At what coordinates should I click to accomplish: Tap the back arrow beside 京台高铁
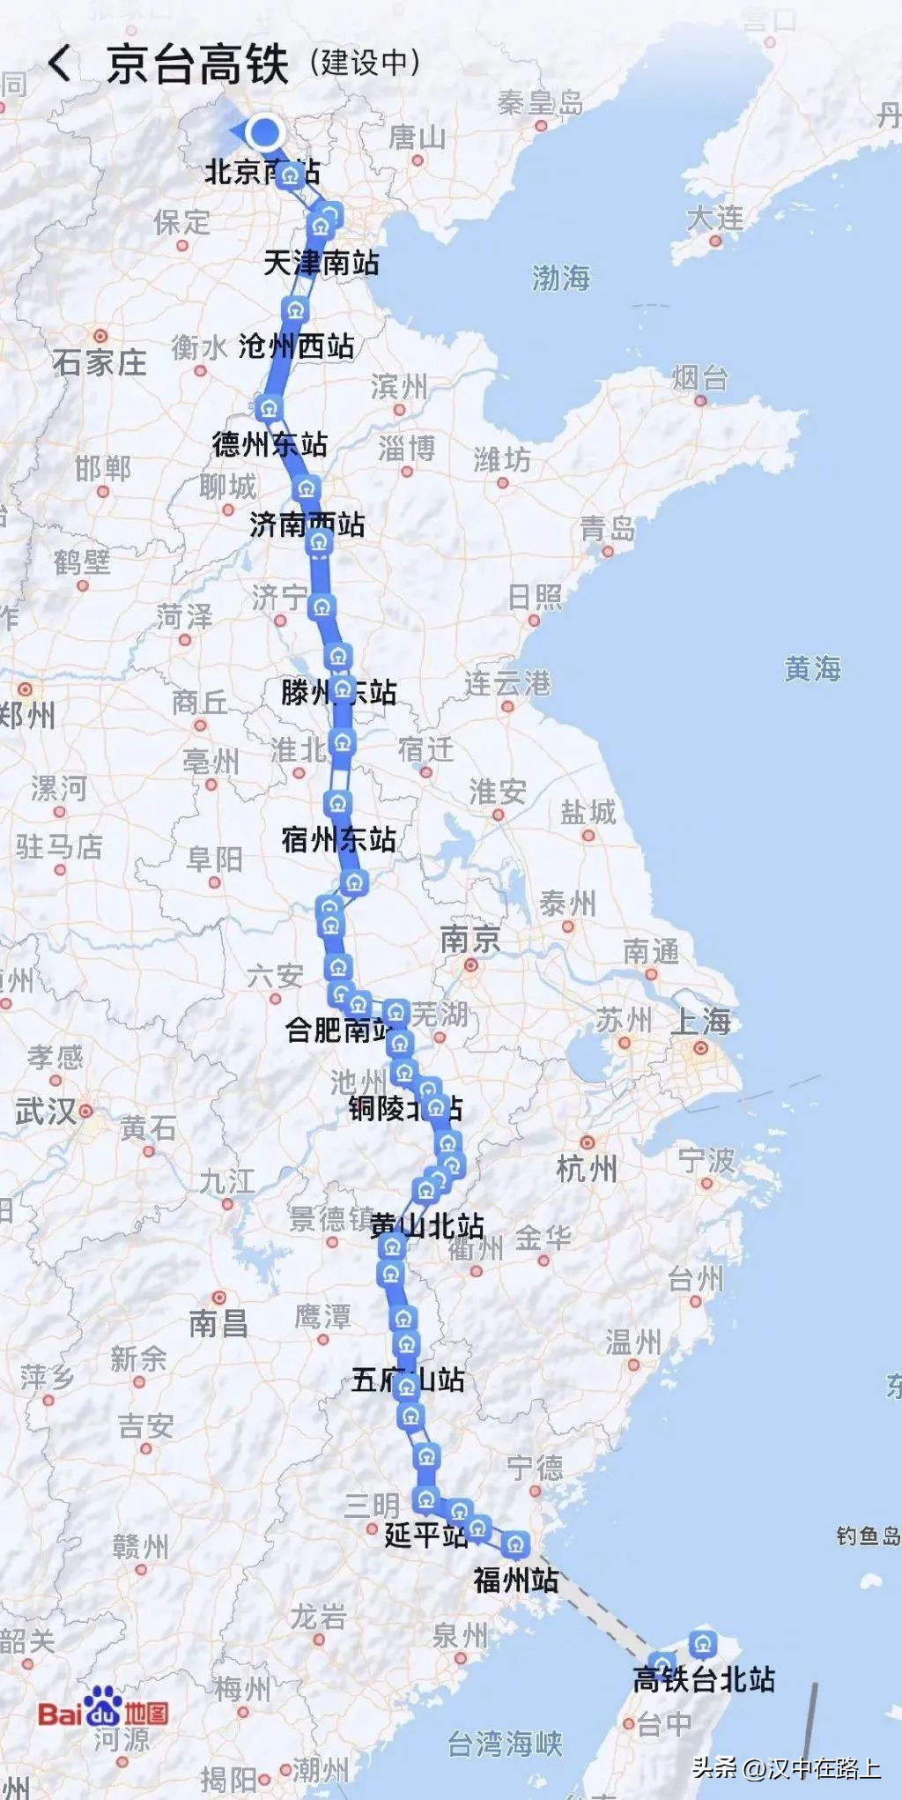59,64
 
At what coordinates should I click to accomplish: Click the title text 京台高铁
197,64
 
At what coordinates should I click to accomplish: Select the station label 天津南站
321,263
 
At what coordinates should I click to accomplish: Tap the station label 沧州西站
296,346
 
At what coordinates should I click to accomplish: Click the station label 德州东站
270,443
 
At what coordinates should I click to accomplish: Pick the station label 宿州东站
338,838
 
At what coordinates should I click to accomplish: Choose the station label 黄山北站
426,1224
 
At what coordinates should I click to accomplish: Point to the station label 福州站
515,1579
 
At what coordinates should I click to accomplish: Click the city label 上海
701,1022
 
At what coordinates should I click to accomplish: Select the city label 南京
469,940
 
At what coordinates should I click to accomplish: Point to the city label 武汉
46,1111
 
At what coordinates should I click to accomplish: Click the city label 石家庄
100,361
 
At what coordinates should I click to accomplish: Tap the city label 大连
714,218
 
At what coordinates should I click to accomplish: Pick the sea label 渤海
560,279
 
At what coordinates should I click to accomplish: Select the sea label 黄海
812,668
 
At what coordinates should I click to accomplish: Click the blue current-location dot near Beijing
263,133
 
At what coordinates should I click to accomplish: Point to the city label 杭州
587,1169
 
